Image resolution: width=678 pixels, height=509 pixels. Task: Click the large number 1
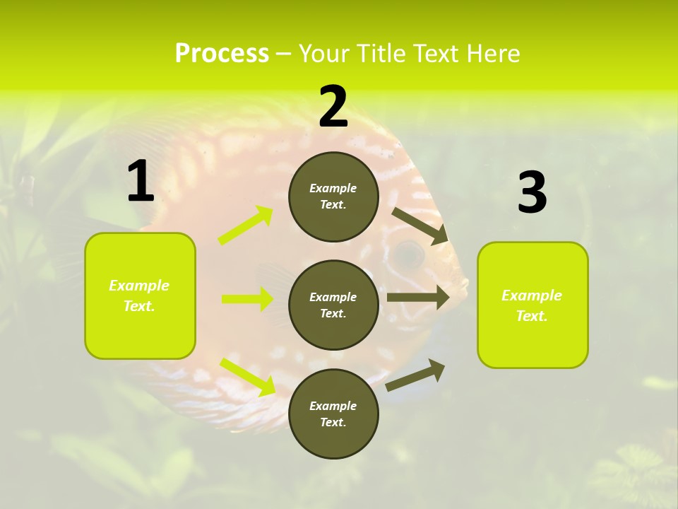click(141, 182)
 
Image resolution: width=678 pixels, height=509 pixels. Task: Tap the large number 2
click(333, 107)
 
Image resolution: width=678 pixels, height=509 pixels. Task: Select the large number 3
click(532, 193)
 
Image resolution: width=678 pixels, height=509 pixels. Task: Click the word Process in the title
click(222, 53)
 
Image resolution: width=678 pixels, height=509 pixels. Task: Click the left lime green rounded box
click(140, 296)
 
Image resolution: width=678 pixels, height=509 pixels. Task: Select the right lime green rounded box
click(533, 305)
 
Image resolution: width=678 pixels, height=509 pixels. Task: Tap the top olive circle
click(333, 197)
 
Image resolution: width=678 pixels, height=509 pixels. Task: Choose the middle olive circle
click(333, 305)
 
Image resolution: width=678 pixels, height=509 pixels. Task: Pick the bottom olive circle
click(333, 414)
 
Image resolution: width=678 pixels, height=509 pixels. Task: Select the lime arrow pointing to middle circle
click(247, 299)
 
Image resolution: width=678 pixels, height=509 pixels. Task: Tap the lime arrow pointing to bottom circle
click(248, 377)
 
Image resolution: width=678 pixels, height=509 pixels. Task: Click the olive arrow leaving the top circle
click(420, 226)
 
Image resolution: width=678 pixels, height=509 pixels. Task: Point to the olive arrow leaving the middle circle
click(418, 298)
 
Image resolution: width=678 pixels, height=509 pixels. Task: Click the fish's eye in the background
click(408, 251)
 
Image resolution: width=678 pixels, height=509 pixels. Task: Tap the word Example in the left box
click(139, 286)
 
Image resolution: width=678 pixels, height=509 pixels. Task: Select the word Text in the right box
click(531, 316)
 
